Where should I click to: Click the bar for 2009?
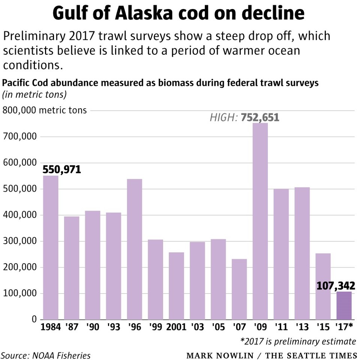point(260,221)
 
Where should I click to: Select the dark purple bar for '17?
point(344,305)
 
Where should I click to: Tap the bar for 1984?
point(51,247)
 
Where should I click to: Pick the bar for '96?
point(134,249)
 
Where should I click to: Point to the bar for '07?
point(239,289)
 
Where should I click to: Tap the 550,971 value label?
point(62,169)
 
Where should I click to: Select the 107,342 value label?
point(336,286)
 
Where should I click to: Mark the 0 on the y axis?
point(34,319)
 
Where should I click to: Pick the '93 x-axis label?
point(113,327)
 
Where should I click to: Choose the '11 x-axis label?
point(281,327)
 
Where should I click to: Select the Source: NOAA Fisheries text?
point(45,355)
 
